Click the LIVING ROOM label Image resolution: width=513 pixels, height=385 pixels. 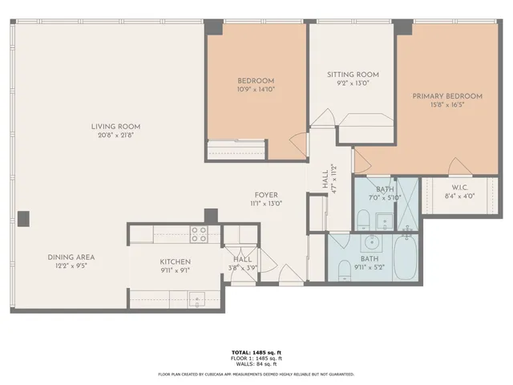coord(115,126)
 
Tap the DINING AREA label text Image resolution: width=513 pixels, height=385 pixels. coord(71,257)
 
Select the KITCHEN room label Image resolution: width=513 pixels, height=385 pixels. coord(174,261)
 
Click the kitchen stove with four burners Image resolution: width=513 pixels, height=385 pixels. coord(199,233)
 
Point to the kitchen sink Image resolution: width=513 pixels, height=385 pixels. coord(196,300)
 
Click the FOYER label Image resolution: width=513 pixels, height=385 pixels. coord(266,195)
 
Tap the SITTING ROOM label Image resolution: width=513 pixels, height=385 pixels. coord(353,75)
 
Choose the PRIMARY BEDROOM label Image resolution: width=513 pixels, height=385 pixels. coord(447,96)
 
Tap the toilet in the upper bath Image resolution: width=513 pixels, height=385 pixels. coord(362,219)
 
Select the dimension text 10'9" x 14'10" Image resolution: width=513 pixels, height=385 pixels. coord(256,90)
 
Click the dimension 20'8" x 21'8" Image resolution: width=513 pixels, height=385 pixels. coord(115,135)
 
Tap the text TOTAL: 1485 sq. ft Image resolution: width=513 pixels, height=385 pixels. coord(256,352)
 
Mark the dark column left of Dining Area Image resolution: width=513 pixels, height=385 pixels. coord(24,218)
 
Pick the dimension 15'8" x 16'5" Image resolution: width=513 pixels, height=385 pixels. coord(447,105)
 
